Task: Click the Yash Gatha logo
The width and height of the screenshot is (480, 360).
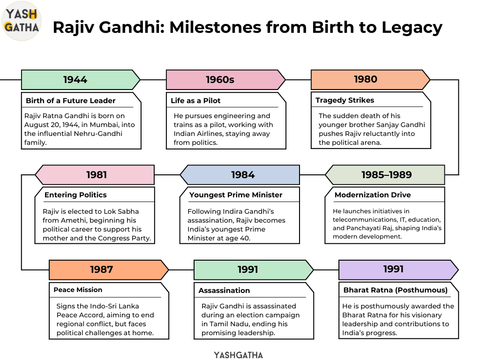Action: (22, 21)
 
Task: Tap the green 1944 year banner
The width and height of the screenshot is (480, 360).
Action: (81, 80)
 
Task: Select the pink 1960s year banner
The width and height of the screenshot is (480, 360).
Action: (225, 80)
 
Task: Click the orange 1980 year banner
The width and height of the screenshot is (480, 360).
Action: (370, 80)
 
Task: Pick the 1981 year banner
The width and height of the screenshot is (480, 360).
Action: (95, 175)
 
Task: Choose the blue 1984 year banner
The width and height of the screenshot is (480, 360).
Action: (240, 175)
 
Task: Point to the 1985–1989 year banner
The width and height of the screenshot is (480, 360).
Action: (385, 175)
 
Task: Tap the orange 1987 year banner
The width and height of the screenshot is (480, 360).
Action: (109, 270)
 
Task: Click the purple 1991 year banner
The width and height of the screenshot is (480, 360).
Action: (398, 270)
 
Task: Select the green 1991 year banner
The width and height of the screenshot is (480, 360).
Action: (254, 270)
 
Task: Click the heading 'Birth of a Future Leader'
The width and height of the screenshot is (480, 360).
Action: (71, 101)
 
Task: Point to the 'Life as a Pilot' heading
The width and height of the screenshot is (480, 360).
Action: (195, 101)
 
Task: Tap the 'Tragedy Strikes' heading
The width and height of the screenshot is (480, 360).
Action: (345, 100)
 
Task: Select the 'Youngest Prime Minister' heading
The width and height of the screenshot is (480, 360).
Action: (236, 195)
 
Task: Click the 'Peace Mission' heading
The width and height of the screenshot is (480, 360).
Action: (78, 290)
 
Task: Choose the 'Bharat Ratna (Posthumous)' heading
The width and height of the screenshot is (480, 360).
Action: (396, 290)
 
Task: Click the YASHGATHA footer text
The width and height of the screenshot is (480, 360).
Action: (239, 355)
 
